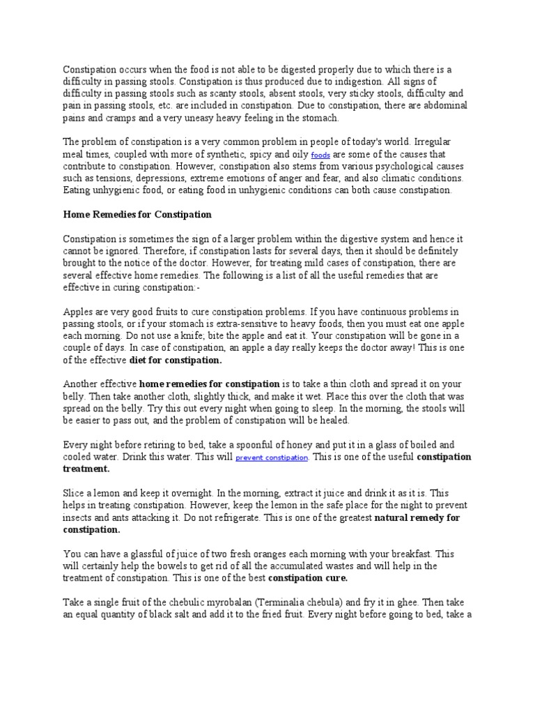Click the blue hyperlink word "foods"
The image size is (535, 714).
320,155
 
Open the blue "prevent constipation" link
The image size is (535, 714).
272,458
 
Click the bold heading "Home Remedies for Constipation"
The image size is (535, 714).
137,214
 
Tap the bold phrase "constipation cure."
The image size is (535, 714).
308,578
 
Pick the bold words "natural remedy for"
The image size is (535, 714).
418,518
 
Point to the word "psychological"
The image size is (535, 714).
396,167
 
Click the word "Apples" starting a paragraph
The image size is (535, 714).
79,311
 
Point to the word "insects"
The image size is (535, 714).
79,518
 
